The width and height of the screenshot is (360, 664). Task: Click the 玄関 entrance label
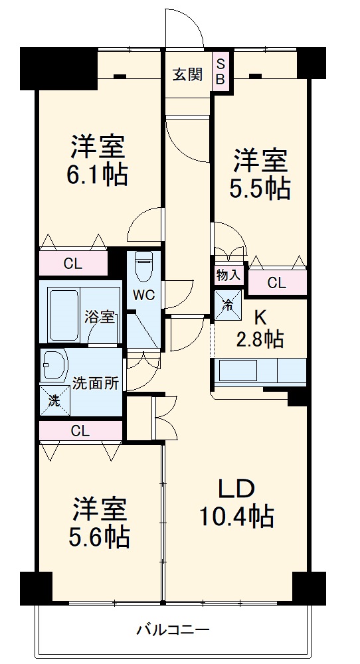click(188, 75)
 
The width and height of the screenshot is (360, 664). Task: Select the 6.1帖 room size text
click(98, 175)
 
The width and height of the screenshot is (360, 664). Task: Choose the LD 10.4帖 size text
click(237, 515)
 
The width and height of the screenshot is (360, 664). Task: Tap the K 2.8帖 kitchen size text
click(260, 339)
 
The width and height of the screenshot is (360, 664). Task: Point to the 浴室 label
click(100, 317)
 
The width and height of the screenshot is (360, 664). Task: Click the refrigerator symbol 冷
click(227, 306)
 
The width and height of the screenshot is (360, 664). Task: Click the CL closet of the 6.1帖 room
click(72, 264)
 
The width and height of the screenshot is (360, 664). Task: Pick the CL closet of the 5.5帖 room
click(277, 284)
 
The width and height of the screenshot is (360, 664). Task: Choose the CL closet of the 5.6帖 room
click(80, 430)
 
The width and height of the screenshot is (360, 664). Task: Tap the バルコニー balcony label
click(173, 628)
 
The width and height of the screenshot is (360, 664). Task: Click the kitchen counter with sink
click(259, 371)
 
